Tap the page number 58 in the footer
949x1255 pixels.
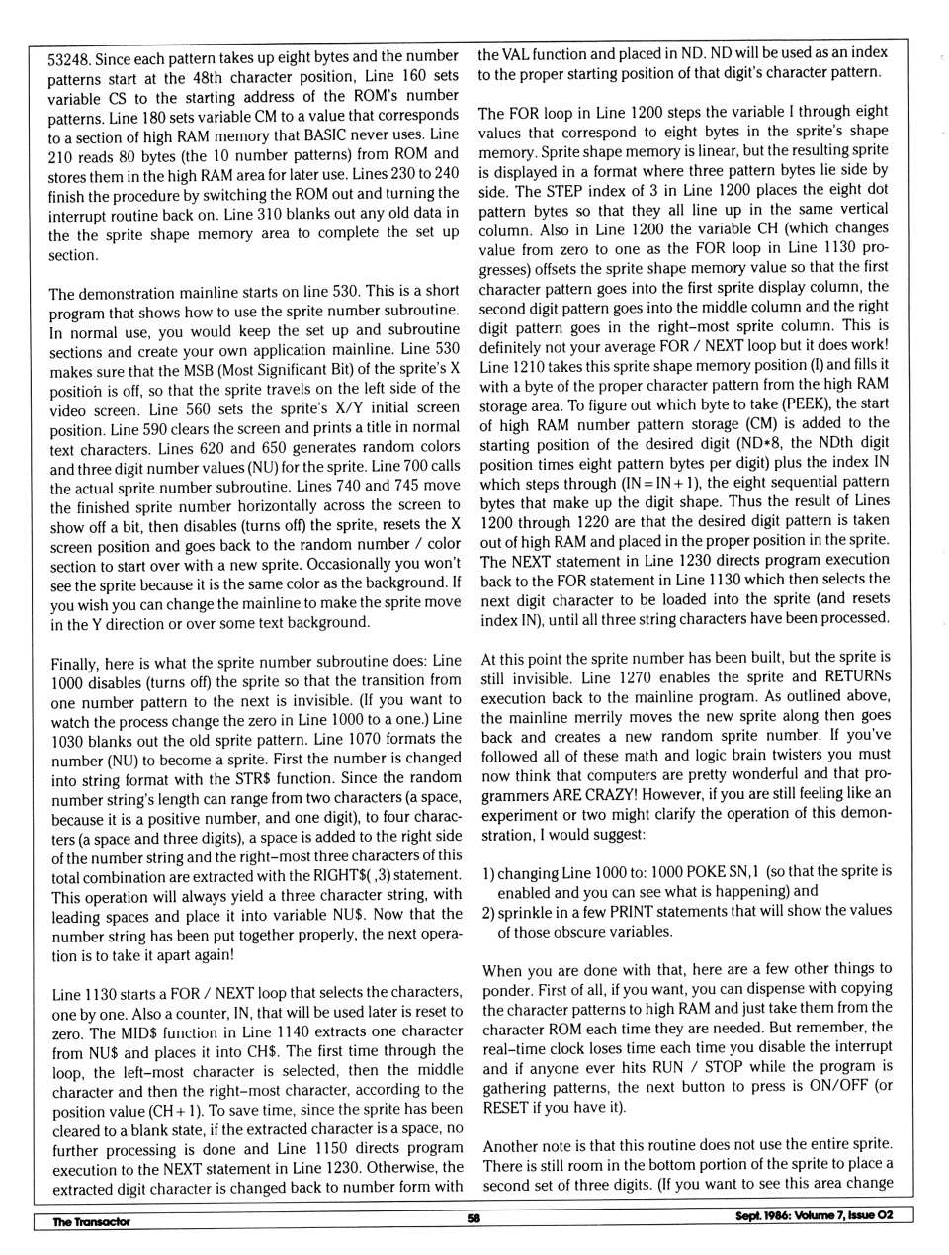pyautogui.click(x=474, y=1218)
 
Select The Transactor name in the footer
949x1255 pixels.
pyautogui.click(x=91, y=1222)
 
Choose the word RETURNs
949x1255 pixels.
pyautogui.click(x=857, y=676)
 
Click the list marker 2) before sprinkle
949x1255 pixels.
pyautogui.click(x=488, y=911)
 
